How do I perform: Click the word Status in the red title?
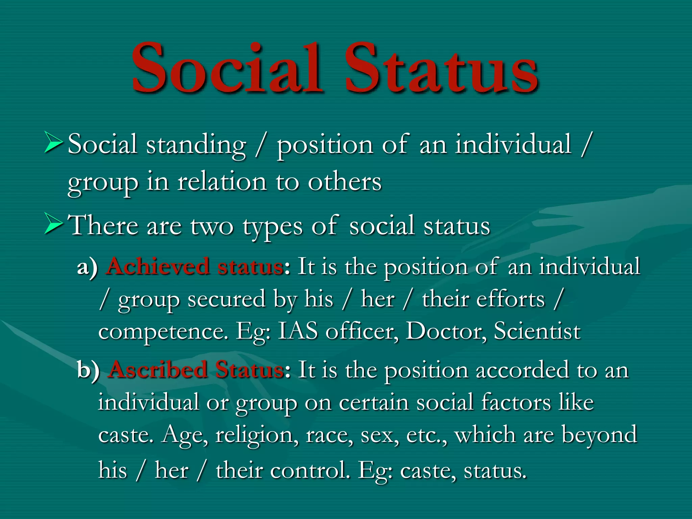click(441, 68)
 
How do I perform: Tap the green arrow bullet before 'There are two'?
click(53, 224)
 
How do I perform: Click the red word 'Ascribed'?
click(158, 370)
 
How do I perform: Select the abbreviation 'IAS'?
click(298, 331)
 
